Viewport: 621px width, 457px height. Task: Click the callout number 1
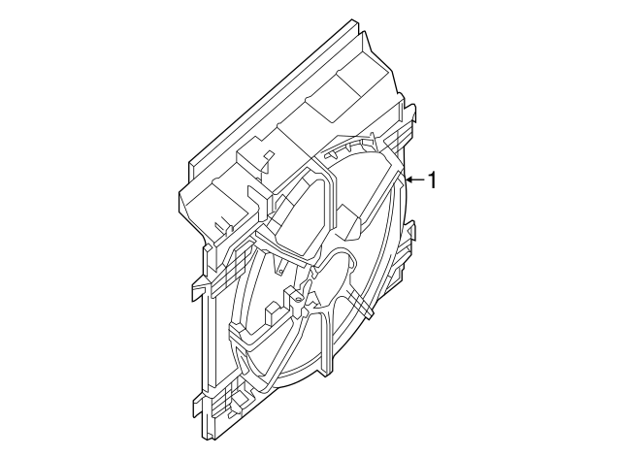434,180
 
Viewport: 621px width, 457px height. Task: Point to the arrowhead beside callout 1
409,180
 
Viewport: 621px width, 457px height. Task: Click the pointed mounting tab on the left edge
197,288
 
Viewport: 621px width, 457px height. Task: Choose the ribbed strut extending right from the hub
354,291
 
